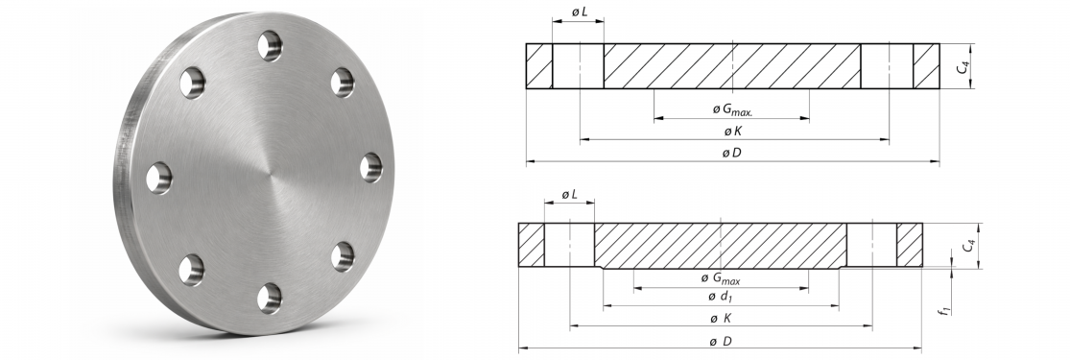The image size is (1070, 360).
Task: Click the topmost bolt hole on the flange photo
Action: pos(271,46)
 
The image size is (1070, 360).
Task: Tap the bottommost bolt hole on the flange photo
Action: pos(270,299)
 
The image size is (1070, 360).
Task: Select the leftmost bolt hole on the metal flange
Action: pos(159,179)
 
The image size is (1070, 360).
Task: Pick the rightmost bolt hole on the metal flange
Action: pos(371,167)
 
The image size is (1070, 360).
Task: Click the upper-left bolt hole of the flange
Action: pos(193,83)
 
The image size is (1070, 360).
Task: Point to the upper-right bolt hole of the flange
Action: pos(343,82)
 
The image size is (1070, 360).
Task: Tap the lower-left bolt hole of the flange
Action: pos(191,270)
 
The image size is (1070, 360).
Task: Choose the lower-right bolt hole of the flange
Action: pos(343,257)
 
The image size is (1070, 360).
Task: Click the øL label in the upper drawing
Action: pos(579,12)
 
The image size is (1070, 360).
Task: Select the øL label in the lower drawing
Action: pos(570,195)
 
